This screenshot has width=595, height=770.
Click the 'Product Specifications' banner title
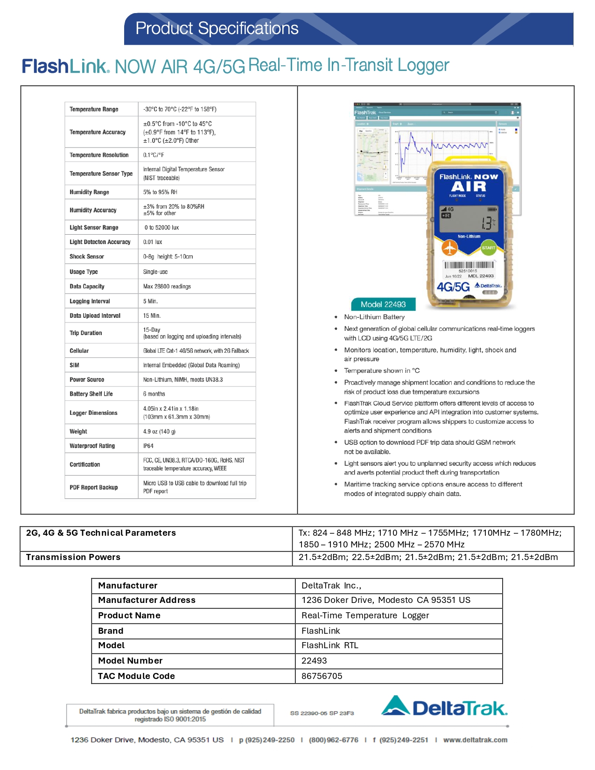tap(217, 28)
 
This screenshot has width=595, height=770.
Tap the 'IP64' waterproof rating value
tap(148, 446)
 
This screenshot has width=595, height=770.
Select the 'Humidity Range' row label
tap(89, 192)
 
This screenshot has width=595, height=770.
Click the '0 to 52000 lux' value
tap(161, 228)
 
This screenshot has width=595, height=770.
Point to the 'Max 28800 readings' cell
tap(167, 287)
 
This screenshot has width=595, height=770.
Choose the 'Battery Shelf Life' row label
tap(91, 394)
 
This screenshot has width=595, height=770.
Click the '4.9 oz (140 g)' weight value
tap(159, 432)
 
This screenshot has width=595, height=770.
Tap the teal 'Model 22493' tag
tap(383, 304)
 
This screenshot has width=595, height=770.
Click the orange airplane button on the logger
tap(450, 248)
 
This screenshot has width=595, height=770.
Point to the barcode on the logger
tap(468, 266)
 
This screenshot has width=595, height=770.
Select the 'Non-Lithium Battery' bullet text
tap(374, 317)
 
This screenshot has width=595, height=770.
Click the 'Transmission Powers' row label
tap(73, 557)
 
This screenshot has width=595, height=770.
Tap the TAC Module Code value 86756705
tap(322, 676)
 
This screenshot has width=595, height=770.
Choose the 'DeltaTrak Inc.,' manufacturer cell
tap(331, 586)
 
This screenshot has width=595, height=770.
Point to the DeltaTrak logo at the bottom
tap(444, 707)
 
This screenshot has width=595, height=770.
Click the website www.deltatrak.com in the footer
tap(475, 740)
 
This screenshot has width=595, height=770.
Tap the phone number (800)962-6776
tap(334, 740)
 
